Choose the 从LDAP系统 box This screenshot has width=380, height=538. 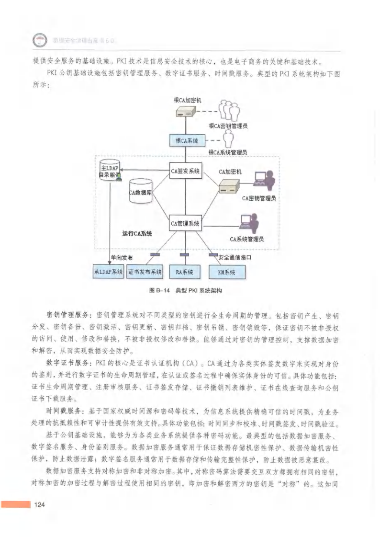click(x=109, y=272)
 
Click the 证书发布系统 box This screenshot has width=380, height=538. click(x=145, y=272)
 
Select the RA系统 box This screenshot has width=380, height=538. click(x=184, y=272)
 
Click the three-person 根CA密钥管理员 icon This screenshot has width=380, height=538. click(x=228, y=111)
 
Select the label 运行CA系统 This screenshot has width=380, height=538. click(x=137, y=234)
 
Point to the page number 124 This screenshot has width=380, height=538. click(x=40, y=507)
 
